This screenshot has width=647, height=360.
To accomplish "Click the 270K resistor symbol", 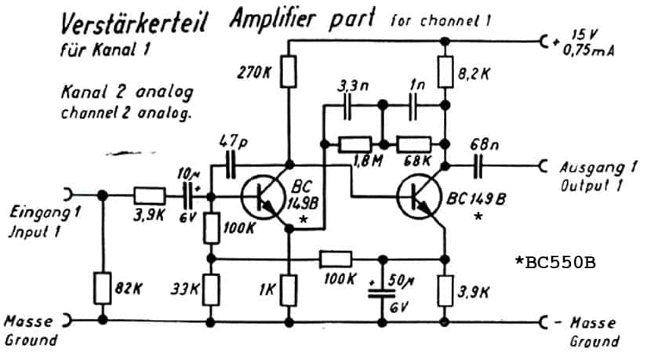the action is pos(289,72).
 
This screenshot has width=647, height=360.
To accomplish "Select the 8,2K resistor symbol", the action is pos(445,72).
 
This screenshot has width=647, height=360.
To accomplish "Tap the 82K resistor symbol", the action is pos(103,289).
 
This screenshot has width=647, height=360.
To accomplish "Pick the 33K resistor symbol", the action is pos(211,290).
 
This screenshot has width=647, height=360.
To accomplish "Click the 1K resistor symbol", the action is pos(289,290).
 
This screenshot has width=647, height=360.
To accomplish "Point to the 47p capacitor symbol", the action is pos(231,165).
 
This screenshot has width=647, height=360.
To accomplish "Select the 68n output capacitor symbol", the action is pos(478,166).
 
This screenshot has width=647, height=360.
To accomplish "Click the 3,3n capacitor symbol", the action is pos(347,106).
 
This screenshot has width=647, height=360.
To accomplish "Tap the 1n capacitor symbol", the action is pos(413,106).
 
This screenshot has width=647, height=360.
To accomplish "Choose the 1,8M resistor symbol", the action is pos(354,144).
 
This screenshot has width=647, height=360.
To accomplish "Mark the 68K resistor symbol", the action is pos(414,144).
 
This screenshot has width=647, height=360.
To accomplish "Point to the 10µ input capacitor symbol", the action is pos(190,196).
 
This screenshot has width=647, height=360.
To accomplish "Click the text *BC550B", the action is pos(555,262).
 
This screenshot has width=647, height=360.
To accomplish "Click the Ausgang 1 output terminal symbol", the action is pos(543,166).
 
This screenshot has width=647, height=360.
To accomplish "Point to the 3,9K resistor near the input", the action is pos(150,196).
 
